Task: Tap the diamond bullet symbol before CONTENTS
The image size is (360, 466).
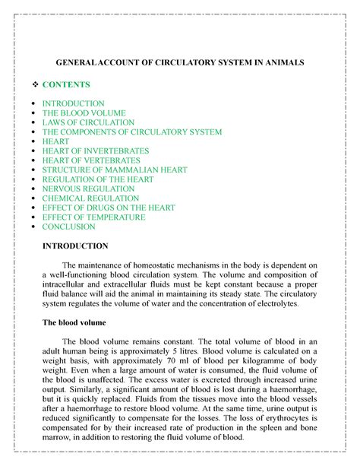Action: point(30,84)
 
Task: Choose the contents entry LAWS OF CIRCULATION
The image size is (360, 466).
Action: point(88,122)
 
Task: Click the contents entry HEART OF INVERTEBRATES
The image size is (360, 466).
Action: point(96,151)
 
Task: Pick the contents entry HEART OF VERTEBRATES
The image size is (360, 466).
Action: point(91,160)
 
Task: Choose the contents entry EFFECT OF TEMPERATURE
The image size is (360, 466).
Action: point(93,217)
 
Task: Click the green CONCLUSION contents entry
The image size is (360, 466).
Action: point(68,227)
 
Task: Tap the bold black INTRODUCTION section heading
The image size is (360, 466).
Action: point(75,246)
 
